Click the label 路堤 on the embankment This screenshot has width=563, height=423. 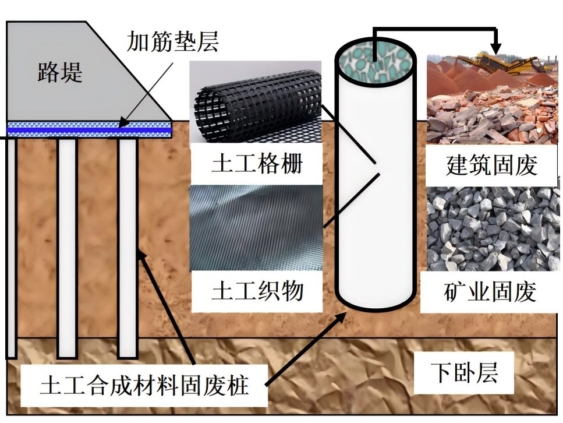[60, 72]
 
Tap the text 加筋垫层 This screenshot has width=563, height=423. [173, 42]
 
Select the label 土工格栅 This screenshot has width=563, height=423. [257, 164]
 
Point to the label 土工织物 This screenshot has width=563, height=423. [257, 290]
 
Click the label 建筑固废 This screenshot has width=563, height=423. [492, 165]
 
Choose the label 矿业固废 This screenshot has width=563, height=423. [490, 291]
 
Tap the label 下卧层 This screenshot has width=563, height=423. [464, 372]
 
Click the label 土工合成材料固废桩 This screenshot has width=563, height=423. [144, 385]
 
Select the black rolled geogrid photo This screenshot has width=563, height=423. [256, 102]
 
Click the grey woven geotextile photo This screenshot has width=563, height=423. [256, 228]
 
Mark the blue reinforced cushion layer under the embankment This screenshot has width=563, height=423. [89, 129]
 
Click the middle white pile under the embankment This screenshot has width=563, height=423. [67, 248]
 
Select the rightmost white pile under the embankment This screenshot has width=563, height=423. [128, 248]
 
